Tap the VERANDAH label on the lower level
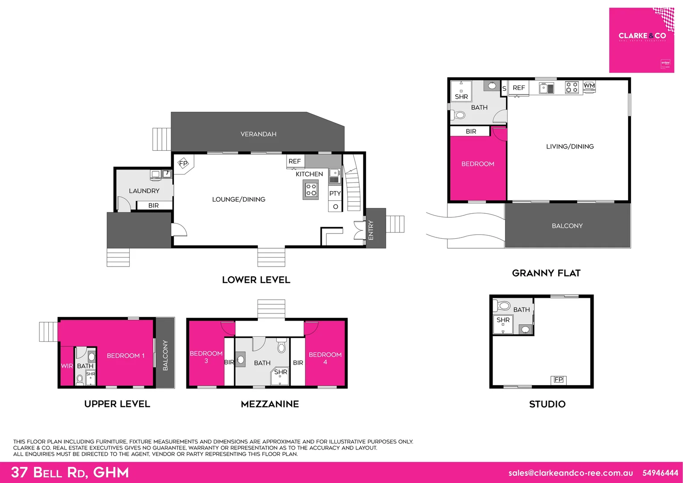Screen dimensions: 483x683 258,134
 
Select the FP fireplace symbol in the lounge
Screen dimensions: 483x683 183,164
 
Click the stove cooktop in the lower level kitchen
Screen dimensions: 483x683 311,190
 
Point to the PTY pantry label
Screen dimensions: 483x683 335,194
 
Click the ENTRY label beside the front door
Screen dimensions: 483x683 371,230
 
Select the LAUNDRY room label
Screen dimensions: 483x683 144,191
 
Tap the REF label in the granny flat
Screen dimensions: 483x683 519,88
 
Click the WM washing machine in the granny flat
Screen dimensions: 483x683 589,85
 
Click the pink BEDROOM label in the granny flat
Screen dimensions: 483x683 477,164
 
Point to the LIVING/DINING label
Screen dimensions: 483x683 569,147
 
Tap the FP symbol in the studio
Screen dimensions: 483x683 558,380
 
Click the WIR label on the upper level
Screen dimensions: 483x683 67,366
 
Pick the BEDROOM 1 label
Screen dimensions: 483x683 126,356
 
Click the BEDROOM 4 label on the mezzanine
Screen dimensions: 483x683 325,358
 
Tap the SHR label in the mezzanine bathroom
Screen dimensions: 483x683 281,372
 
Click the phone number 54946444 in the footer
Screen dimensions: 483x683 660,473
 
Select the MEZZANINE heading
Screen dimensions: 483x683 270,404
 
